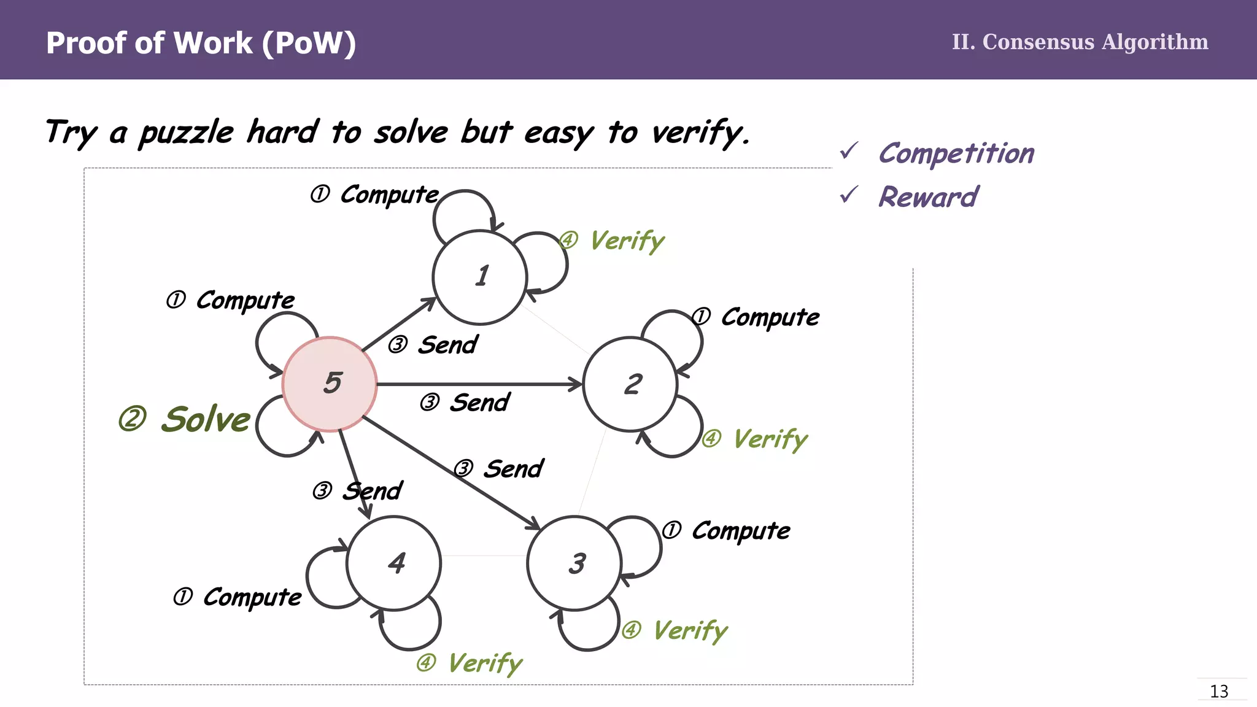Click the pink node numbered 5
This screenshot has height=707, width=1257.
pyautogui.click(x=330, y=384)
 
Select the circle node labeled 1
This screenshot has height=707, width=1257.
pyautogui.click(x=480, y=277)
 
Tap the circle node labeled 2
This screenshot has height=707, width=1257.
pyautogui.click(x=630, y=384)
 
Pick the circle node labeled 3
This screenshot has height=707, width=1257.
pyautogui.click(x=574, y=563)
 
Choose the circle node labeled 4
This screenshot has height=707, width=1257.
pyautogui.click(x=394, y=563)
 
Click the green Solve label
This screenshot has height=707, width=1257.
pyautogui.click(x=205, y=420)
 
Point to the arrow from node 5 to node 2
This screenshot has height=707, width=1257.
pyautogui.click(x=479, y=385)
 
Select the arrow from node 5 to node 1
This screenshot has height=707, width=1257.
pyautogui.click(x=399, y=325)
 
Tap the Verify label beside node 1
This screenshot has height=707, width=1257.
pyautogui.click(x=627, y=241)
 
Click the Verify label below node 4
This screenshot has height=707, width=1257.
pyautogui.click(x=484, y=663)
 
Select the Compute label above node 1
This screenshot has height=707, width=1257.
pyautogui.click(x=389, y=195)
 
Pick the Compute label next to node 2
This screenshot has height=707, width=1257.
pyautogui.click(x=770, y=317)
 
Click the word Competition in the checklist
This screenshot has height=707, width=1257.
pyautogui.click(x=956, y=153)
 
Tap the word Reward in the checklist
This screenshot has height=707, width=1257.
pyautogui.click(x=928, y=197)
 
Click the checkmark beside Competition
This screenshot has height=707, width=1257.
pyautogui.click(x=849, y=151)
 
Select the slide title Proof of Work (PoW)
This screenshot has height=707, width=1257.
pyautogui.click(x=201, y=43)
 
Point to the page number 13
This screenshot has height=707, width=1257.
pyautogui.click(x=1219, y=692)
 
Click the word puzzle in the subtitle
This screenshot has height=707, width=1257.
pyautogui.click(x=187, y=133)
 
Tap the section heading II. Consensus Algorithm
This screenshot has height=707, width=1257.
pyautogui.click(x=1080, y=42)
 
